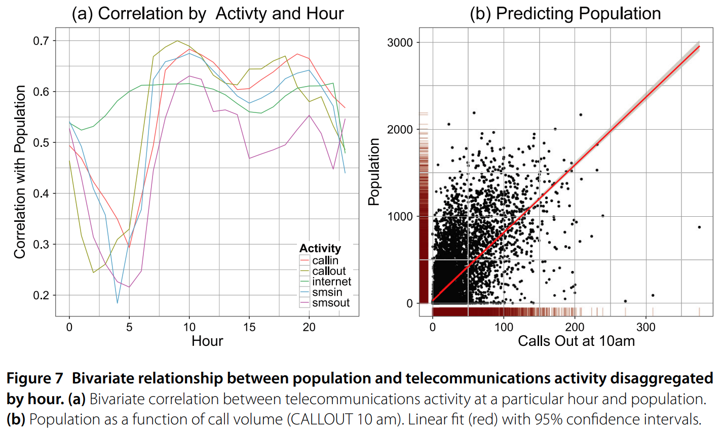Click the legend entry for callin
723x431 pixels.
325,260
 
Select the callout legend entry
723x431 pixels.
328,271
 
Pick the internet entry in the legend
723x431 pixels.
331,282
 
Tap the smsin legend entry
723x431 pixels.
327,292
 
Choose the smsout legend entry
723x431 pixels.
330,303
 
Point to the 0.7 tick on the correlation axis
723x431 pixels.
45,41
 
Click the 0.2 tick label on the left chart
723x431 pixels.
45,295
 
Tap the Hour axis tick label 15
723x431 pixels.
249,327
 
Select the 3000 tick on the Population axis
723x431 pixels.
400,43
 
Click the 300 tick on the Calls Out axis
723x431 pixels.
646,327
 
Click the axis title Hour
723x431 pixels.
207,341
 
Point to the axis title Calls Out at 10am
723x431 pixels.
576,341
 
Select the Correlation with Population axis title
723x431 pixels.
20,172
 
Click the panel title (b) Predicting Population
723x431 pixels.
565,14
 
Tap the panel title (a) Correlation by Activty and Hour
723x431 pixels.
208,14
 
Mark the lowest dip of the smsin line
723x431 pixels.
118,303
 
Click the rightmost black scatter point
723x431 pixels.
699,227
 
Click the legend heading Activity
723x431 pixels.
320,248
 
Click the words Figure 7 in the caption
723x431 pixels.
35,378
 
